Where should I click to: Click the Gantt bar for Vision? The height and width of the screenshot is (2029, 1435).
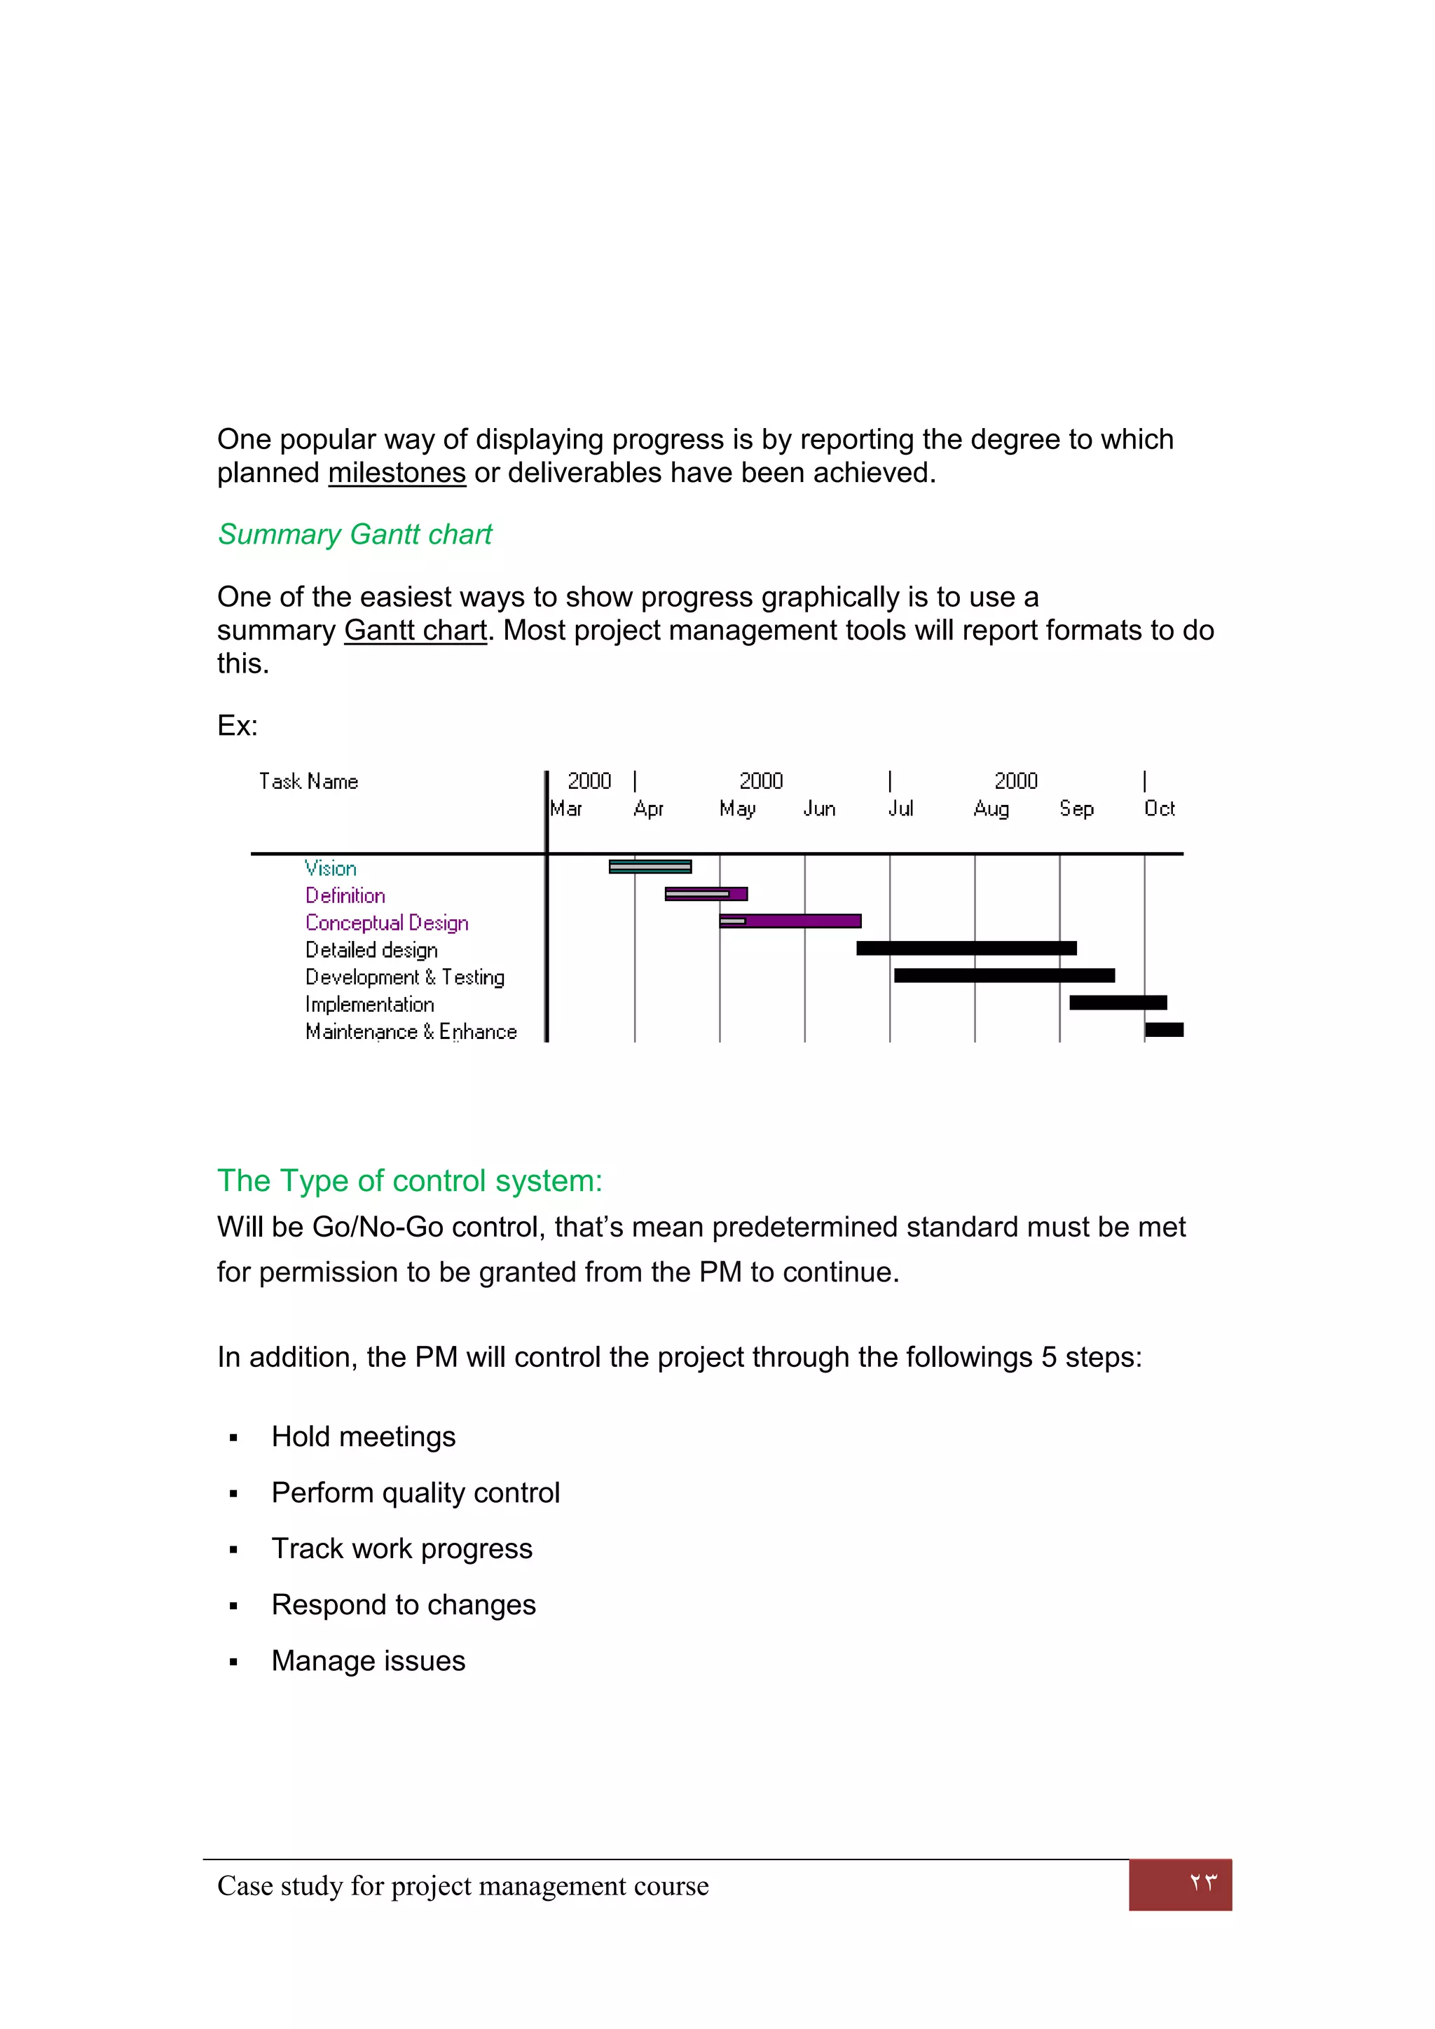pos(650,866)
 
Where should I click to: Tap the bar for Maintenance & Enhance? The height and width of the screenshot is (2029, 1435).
pos(1164,1029)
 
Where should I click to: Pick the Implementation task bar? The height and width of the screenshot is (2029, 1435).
pos(1118,1002)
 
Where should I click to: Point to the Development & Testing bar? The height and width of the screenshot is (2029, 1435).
pos(1004,976)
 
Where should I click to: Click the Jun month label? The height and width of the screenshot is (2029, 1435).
pos(819,809)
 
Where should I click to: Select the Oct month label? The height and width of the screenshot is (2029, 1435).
pos(1160,809)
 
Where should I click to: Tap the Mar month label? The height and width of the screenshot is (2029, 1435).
pos(565,809)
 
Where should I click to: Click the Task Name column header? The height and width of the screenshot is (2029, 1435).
pos(308,781)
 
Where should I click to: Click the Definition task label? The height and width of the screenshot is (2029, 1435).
pos(345,895)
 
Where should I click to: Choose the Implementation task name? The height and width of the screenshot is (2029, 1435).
pos(369,1005)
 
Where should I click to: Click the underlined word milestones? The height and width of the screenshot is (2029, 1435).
pos(397,473)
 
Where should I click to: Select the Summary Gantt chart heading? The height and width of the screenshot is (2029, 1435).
pos(355,534)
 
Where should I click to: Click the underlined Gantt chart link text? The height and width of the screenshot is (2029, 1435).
pos(416,630)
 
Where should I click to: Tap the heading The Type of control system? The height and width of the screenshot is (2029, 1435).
pos(409,1181)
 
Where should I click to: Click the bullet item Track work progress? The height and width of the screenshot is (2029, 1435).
pos(401,1548)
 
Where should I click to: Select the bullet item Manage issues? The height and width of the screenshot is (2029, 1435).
pos(368,1660)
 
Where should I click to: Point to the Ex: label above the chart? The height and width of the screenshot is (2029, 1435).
pos(237,726)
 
